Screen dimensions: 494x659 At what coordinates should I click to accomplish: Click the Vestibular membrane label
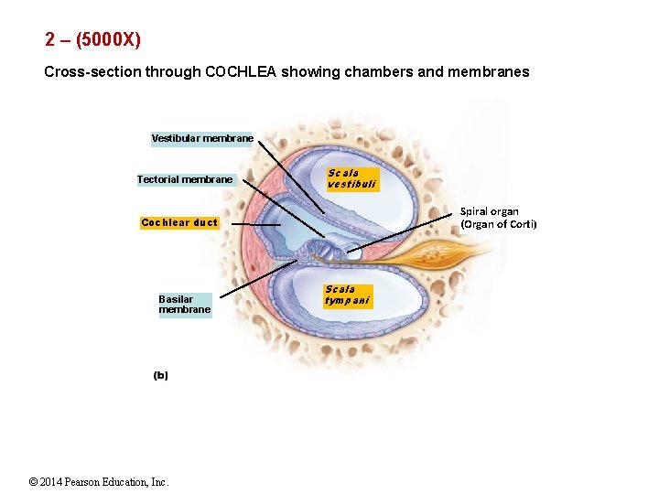coord(202,138)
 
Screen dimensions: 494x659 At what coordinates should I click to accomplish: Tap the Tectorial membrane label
coord(185,179)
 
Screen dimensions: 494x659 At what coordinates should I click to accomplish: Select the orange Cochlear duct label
coord(179,222)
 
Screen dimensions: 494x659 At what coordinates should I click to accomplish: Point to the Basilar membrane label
coord(184,304)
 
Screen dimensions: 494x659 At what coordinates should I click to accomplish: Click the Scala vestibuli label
coord(351,178)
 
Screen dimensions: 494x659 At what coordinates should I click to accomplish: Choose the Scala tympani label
coord(347,295)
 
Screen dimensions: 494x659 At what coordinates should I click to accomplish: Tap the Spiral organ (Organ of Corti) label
coord(498,218)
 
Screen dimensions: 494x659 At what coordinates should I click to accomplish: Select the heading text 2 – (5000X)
coord(92,40)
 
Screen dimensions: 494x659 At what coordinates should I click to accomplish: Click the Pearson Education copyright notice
coord(99,482)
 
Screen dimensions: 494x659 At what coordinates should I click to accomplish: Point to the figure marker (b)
coord(160,375)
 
